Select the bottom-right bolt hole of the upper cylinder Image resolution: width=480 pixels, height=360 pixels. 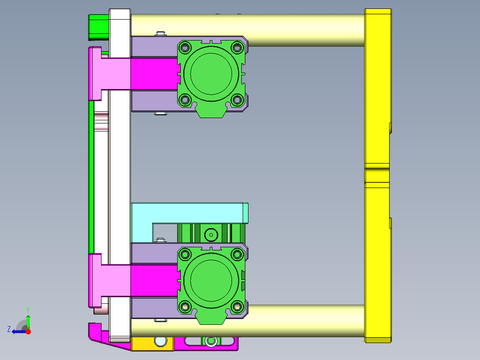pos(237,99)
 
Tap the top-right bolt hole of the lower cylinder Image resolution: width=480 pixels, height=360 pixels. pos(237,254)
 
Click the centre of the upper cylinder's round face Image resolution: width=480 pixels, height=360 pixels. pos(211,73)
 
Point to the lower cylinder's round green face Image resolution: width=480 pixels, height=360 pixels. pos(211,280)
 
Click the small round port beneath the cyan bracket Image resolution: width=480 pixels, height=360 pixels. pos(210,234)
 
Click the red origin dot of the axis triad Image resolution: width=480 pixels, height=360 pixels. pos(28,331)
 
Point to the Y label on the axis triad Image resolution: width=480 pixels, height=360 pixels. pos(28,309)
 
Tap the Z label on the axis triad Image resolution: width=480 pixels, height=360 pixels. pos(9,329)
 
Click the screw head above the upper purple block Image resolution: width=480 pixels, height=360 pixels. pos(160,33)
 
